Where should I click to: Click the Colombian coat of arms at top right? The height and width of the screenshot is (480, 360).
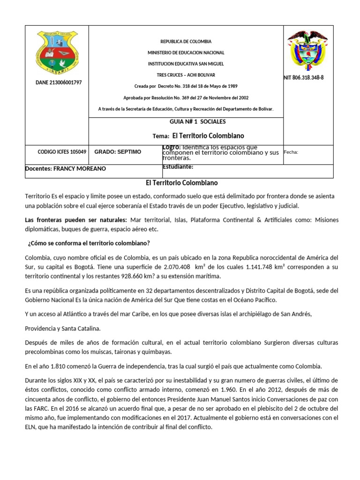[x=307, y=51]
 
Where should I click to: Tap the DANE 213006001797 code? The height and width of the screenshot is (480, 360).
[x=59, y=82]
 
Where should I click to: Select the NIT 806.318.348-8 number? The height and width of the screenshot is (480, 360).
[x=304, y=77]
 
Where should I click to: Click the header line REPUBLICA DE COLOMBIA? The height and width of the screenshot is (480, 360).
[x=186, y=42]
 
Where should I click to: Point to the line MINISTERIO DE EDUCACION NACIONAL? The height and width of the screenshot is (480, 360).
[x=186, y=53]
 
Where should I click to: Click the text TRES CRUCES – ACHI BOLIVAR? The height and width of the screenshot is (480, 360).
[x=186, y=75]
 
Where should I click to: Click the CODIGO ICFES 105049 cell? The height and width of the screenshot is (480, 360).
[x=62, y=152]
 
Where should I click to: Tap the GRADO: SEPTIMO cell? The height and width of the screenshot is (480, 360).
[x=117, y=152]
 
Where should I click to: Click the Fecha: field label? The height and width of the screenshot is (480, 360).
[x=291, y=152]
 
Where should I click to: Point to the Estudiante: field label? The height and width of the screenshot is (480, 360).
[x=178, y=167]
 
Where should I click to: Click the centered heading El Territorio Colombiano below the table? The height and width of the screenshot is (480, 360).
[x=180, y=183]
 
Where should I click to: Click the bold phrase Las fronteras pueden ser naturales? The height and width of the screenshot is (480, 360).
[x=75, y=219]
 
